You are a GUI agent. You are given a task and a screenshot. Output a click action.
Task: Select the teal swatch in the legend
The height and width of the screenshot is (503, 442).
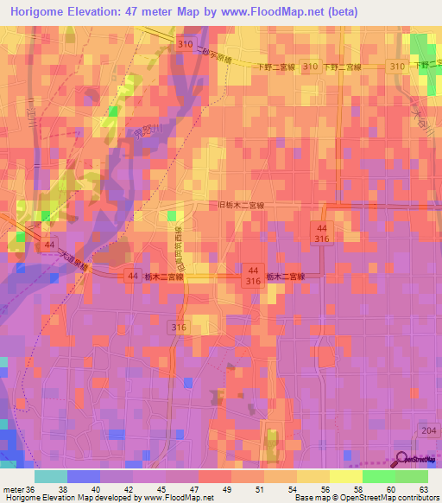pyautogui.click(x=50, y=475)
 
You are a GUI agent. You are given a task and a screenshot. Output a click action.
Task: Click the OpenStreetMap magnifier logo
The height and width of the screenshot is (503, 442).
pyautogui.click(x=403, y=459)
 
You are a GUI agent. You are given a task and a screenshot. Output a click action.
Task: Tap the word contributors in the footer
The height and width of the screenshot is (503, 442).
pyautogui.click(x=417, y=498)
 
